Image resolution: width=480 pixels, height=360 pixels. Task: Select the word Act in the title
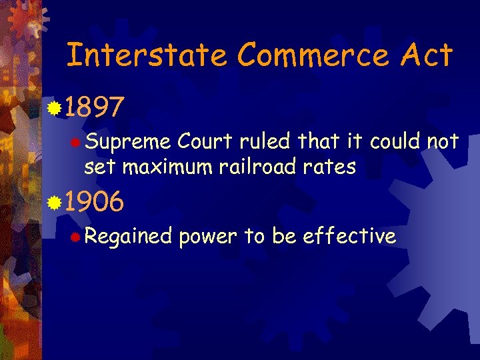[427, 55]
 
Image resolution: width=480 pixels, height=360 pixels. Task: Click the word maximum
[163, 166]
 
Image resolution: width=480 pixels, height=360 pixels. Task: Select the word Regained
[128, 237]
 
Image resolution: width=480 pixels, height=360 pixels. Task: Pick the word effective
[349, 235]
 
